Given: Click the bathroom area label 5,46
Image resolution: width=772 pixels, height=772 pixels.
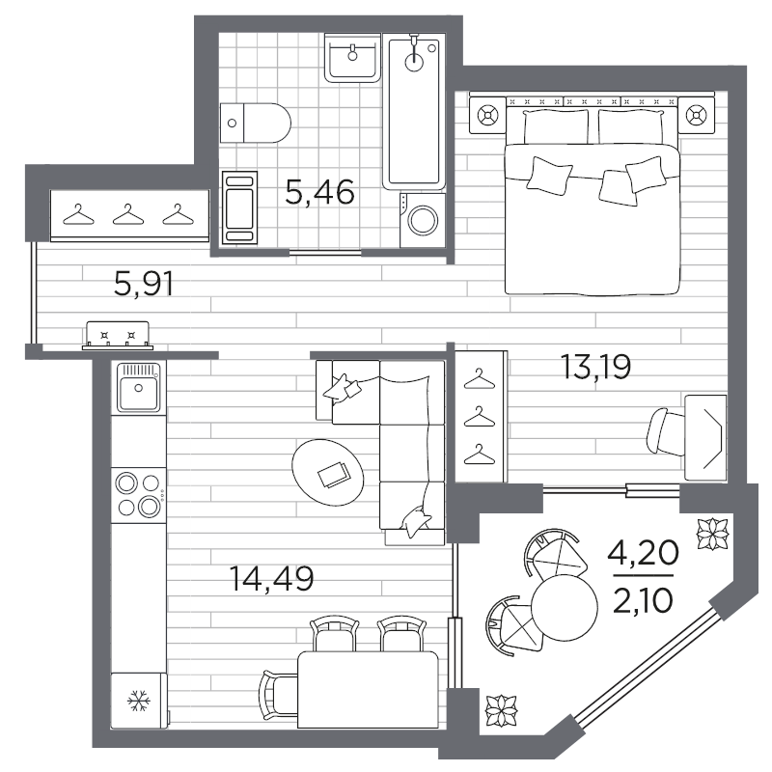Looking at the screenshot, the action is (319, 192).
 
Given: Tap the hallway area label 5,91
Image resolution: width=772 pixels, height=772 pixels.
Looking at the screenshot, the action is (144, 285).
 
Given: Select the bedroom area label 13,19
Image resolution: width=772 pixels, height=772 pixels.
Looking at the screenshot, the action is (595, 367).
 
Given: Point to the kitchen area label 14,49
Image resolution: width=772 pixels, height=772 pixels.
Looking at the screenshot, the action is (271, 578).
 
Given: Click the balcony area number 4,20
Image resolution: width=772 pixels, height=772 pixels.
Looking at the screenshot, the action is (643, 553).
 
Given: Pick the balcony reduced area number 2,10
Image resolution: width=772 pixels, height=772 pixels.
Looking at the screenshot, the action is (643, 600).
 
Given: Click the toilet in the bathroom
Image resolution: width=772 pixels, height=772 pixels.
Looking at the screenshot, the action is (255, 124).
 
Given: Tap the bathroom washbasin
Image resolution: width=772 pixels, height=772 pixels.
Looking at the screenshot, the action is (352, 57).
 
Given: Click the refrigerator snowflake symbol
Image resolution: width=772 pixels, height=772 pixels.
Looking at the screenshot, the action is (139, 701).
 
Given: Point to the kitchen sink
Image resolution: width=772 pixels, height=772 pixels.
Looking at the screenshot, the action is (138, 388).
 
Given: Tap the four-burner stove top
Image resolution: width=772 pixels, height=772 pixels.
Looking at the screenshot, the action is (138, 494).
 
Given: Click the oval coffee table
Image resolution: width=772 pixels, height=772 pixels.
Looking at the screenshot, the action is (328, 472).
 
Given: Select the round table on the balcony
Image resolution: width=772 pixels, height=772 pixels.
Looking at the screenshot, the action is (565, 608).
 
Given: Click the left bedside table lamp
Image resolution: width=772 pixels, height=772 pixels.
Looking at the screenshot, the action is (487, 116).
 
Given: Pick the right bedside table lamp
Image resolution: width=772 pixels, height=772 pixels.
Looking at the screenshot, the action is (696, 116).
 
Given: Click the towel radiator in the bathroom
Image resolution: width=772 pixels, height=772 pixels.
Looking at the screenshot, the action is (239, 207).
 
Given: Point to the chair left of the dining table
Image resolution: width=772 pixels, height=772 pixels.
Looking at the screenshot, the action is (279, 694).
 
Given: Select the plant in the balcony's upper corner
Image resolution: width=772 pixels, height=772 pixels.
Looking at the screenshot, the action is (713, 534).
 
